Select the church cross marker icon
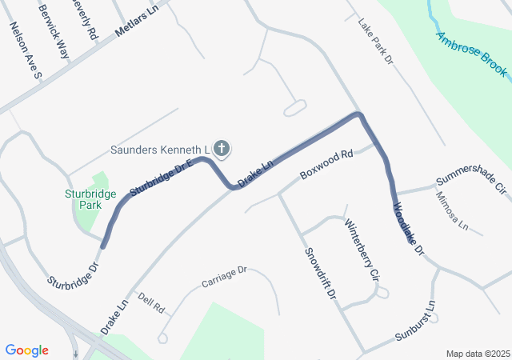click(222, 149)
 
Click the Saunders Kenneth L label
click(159, 150)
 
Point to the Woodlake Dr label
click(407, 230)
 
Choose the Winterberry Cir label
click(361, 250)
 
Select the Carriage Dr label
click(225, 277)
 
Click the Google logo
click(27, 350)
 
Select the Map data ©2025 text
click(477, 354)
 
